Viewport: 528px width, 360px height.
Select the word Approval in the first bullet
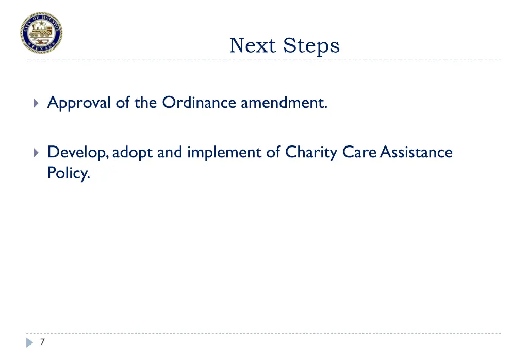click(79, 103)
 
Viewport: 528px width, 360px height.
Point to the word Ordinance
click(200, 103)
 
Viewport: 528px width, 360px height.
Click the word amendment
click(284, 103)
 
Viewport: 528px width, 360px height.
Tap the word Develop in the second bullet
click(77, 153)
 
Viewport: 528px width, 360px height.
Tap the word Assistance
click(416, 152)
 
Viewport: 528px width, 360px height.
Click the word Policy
click(69, 173)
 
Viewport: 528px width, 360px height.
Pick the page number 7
click(42, 342)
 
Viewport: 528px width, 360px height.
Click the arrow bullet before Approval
click(35, 103)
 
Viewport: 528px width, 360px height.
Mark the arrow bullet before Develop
click(35, 153)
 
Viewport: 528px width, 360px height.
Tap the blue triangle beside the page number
click(30, 342)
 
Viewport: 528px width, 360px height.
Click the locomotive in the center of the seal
click(42, 34)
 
